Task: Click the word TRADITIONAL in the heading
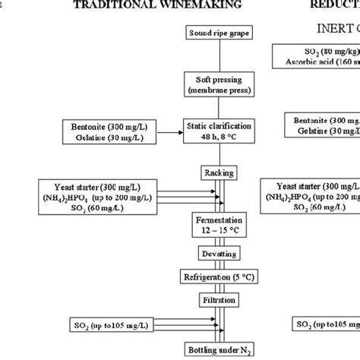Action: pos(134,5)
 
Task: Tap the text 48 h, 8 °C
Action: pos(218,137)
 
